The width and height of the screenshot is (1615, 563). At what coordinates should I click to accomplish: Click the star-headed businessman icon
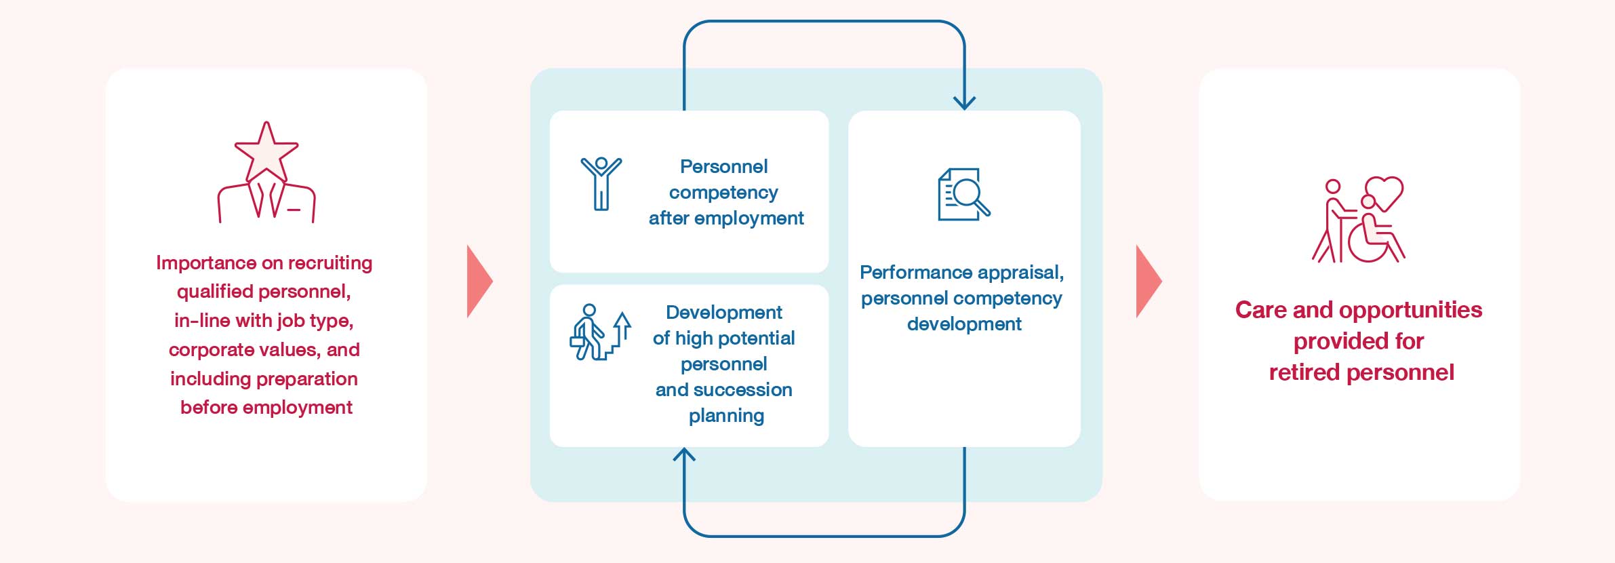coord(266,172)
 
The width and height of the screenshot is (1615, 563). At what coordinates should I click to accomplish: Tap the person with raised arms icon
coord(601,184)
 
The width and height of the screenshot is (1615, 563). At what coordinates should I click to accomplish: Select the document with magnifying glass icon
coord(963,194)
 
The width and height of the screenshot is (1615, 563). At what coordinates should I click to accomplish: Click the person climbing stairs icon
coord(601,332)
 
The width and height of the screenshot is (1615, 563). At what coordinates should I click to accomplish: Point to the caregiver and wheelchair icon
coord(1358,219)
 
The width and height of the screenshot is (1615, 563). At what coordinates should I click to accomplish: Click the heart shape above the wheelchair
coord(1384,193)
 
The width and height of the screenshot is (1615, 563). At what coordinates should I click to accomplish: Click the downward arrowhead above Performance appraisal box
coord(964,103)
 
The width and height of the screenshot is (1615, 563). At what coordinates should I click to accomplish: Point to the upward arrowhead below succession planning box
coord(684,454)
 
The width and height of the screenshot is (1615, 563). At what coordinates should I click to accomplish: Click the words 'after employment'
coord(726,218)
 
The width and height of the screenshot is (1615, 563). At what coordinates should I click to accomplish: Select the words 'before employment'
coord(266,408)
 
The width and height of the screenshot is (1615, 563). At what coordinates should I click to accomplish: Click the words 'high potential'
coord(735,338)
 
